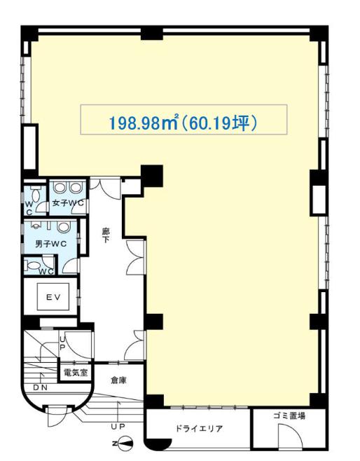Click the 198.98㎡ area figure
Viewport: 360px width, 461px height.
[144, 123]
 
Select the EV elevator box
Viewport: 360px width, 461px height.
[53, 296]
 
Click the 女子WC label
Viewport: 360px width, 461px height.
[68, 203]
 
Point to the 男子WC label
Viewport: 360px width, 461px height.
[50, 244]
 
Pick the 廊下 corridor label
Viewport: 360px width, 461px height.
[106, 235]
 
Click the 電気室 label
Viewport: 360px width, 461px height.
[76, 373]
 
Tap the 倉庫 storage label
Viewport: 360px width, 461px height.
[118, 380]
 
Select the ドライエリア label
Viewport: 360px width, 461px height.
[199, 428]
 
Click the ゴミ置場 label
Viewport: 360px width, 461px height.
[289, 415]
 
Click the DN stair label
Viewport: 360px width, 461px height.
[40, 387]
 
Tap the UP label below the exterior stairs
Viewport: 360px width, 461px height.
[118, 426]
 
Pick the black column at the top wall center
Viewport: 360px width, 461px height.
[152, 33]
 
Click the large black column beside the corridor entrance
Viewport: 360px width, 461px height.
[152, 176]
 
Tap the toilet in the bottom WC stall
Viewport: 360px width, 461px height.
[33, 266]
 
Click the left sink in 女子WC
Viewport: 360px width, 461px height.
[60, 188]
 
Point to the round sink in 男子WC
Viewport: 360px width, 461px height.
[63, 227]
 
